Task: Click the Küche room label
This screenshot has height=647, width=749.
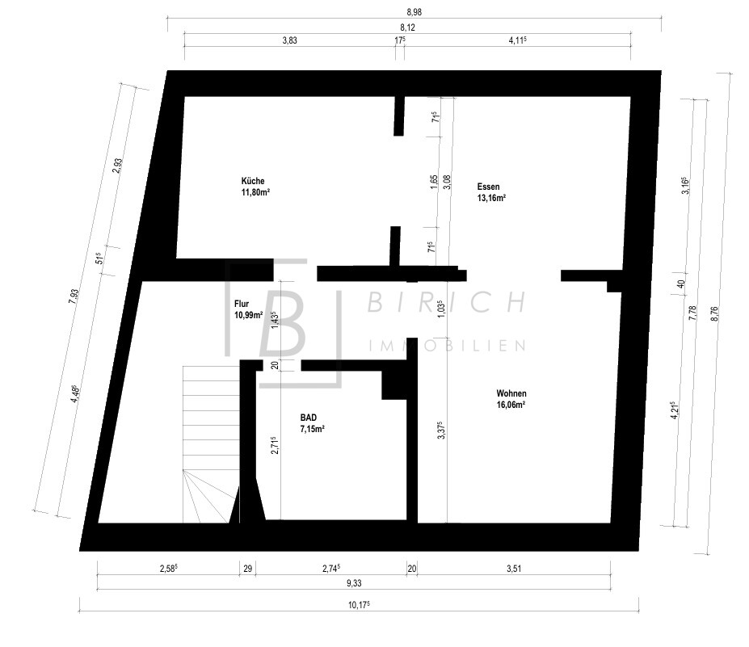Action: [253, 181]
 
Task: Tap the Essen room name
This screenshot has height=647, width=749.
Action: [488, 187]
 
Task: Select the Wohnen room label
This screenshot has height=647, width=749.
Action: [511, 393]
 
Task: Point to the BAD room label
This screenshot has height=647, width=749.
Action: [308, 418]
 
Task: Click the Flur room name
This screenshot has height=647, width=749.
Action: [242, 304]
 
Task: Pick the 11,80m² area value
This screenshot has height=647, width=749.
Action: [255, 192]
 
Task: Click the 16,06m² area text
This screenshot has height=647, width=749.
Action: [511, 405]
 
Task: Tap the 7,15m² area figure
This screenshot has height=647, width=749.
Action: [313, 429]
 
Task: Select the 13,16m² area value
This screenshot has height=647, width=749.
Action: [491, 198]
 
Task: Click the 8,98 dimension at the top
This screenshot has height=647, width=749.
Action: [414, 12]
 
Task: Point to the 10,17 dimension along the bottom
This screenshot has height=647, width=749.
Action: [359, 605]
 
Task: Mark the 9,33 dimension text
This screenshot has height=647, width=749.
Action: [354, 583]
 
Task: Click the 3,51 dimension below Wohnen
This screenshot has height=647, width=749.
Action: [514, 568]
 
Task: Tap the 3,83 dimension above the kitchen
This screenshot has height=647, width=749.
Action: [289, 40]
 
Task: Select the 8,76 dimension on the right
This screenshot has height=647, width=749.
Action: [714, 315]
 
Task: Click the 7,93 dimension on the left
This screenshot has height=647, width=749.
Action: [73, 296]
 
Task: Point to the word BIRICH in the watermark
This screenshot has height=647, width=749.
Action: [447, 302]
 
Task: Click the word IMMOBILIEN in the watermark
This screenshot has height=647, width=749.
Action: [448, 345]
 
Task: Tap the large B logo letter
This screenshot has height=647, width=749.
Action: [284, 323]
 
